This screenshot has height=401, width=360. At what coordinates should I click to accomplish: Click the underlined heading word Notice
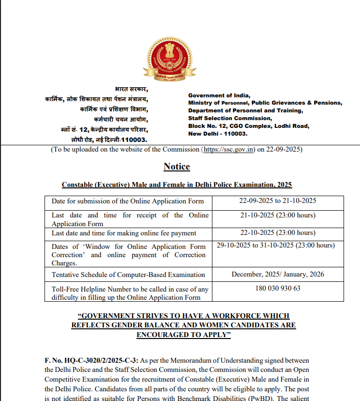[x=177, y=167]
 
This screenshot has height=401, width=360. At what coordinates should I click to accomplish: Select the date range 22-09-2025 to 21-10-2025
[x=278, y=201]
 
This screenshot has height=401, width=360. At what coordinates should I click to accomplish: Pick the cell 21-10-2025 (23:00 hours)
[x=278, y=215]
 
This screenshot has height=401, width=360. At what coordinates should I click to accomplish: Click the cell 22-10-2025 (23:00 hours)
[x=278, y=233]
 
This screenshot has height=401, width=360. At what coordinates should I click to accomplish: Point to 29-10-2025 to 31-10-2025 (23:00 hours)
[x=275, y=246]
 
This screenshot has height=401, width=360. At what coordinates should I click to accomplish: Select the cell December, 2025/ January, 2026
[x=278, y=275]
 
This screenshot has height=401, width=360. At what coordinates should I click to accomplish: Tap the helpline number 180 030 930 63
[x=278, y=289]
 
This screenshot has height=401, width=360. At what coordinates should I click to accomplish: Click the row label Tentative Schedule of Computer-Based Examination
[x=128, y=275]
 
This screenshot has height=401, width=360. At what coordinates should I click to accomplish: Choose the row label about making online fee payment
[x=124, y=233]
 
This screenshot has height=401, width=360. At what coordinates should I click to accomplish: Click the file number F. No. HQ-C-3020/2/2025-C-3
[x=91, y=361]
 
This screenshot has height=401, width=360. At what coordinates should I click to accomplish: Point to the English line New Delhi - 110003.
[x=218, y=134]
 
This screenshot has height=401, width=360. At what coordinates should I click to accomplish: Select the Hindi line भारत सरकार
[x=132, y=89]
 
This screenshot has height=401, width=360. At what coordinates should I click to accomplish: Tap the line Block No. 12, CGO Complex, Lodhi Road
[x=249, y=126]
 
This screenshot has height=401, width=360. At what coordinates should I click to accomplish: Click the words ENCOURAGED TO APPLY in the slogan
[x=183, y=335]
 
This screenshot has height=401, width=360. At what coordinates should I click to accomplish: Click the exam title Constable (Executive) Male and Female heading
[x=177, y=185]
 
